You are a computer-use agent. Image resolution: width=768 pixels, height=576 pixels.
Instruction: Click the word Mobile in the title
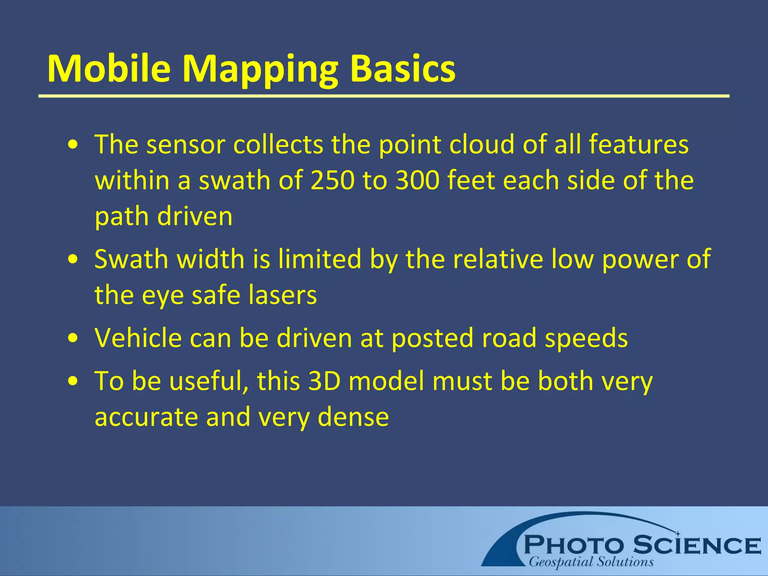[x=109, y=69]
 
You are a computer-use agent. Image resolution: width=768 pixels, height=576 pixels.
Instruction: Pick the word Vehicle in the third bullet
[x=138, y=338]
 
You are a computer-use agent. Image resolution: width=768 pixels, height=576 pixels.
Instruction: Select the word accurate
[x=146, y=418]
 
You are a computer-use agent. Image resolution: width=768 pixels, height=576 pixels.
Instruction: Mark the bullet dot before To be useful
[x=73, y=381]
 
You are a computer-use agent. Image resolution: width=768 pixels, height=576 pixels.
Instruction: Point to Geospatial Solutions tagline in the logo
[x=591, y=562]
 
